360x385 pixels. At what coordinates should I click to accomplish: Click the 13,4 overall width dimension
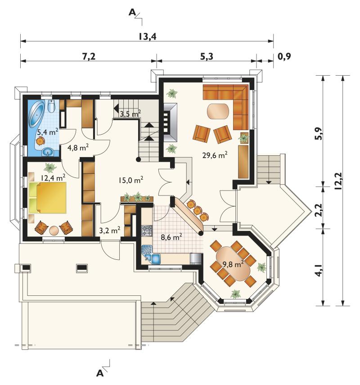click(147, 36)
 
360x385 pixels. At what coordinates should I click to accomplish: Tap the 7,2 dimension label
click(89, 56)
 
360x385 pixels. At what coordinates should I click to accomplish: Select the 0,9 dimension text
click(284, 56)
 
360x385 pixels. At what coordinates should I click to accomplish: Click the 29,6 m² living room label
click(215, 155)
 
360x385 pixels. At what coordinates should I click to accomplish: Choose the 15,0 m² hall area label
click(131, 180)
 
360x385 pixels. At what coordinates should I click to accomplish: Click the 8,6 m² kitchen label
click(171, 237)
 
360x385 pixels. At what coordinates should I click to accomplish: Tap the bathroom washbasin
click(48, 152)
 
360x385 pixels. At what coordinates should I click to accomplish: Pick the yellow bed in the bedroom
click(48, 198)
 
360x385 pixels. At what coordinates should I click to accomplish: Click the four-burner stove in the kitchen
click(147, 231)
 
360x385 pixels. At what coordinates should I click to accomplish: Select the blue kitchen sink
click(151, 255)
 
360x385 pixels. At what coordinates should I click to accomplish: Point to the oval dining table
click(233, 264)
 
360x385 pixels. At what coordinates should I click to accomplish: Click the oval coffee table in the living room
click(218, 111)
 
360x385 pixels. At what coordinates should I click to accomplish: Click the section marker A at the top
click(132, 12)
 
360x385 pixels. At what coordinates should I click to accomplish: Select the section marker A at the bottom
click(100, 373)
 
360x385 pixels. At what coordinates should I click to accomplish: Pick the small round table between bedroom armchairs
click(54, 231)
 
